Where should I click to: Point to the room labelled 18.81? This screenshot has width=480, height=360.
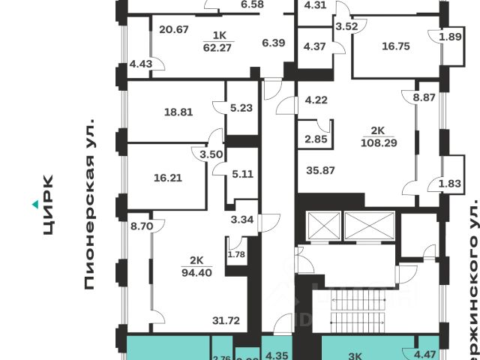click(178, 112)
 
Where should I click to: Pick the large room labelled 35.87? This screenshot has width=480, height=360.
click(320, 170)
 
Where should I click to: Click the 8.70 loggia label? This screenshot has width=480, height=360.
click(141, 224)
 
